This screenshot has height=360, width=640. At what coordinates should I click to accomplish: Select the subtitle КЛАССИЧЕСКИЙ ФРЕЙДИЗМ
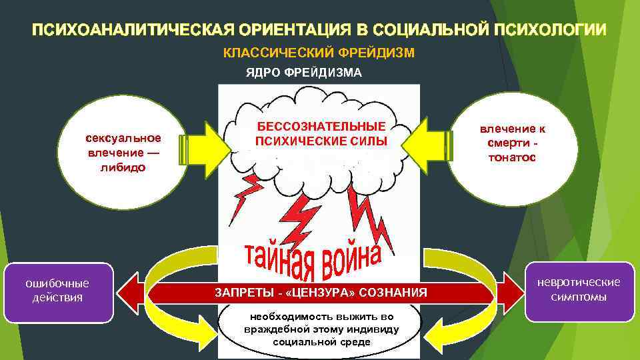pos(319,53)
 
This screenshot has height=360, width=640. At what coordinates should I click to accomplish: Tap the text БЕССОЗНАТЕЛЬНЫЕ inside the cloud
pos(321,127)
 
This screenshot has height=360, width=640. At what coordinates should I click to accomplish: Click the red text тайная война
pos(313,258)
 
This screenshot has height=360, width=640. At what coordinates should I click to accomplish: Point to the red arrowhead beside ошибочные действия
pos(131,292)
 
